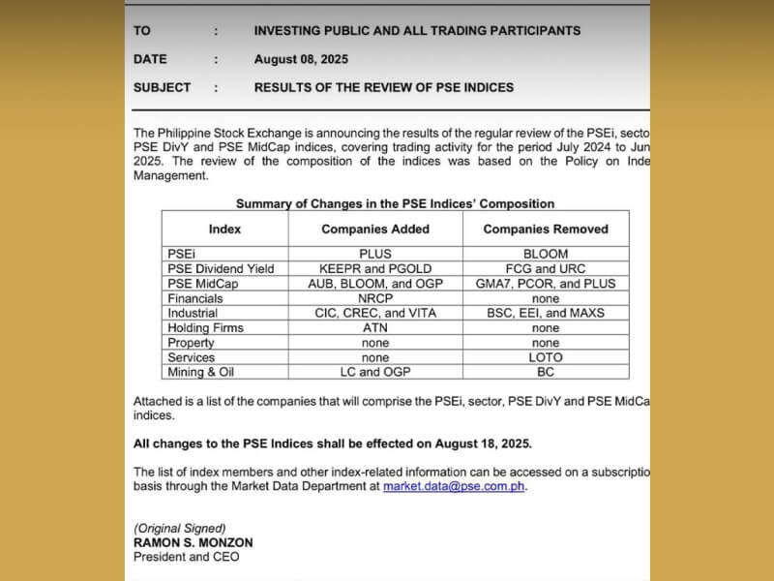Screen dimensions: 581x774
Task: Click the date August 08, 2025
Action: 301,59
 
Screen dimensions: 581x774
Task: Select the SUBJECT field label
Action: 163,87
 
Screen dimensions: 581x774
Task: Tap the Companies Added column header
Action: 375,229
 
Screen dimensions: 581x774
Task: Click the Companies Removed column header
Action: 546,229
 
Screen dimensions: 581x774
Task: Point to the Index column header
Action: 224,229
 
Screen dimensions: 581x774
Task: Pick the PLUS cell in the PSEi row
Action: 375,254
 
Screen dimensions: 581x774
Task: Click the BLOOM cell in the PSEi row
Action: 546,254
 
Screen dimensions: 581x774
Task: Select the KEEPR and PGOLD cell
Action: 375,268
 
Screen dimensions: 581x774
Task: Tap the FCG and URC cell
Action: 546,268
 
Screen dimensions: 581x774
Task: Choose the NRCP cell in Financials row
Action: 375,298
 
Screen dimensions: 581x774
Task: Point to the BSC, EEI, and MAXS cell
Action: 546,313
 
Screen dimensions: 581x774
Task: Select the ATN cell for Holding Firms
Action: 375,328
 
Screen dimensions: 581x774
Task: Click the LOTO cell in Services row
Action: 546,357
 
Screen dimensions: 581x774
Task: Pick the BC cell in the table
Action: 546,372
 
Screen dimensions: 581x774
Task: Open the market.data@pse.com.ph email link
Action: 454,486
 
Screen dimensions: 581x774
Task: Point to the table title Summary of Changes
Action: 395,203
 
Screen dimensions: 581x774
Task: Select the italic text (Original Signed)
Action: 180,528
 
